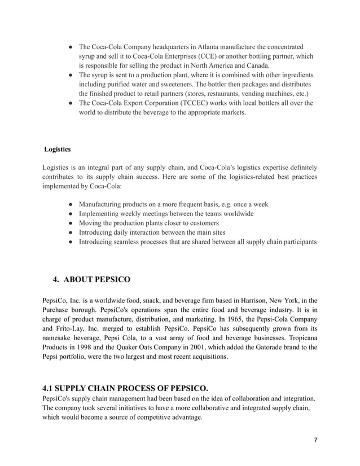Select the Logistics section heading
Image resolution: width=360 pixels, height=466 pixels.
(x=57, y=150)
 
